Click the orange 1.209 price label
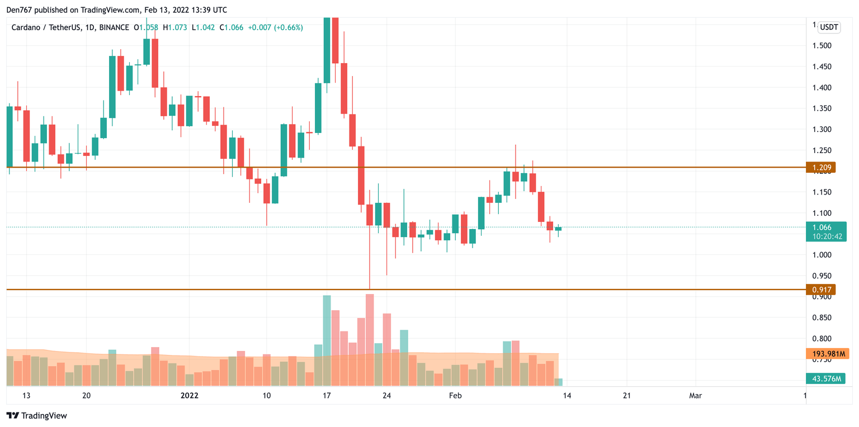(x=820, y=167)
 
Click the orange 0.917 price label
(x=820, y=290)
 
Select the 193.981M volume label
(x=827, y=353)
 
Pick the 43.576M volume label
(x=825, y=379)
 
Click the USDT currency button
(x=829, y=27)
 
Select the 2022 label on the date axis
(x=189, y=396)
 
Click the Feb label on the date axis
(x=455, y=396)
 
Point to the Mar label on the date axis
(x=695, y=396)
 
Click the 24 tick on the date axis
(x=386, y=396)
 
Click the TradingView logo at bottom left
(x=37, y=416)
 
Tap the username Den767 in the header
(x=19, y=10)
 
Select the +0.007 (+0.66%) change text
(x=273, y=27)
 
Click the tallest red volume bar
(x=369, y=340)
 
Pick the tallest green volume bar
(x=327, y=340)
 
